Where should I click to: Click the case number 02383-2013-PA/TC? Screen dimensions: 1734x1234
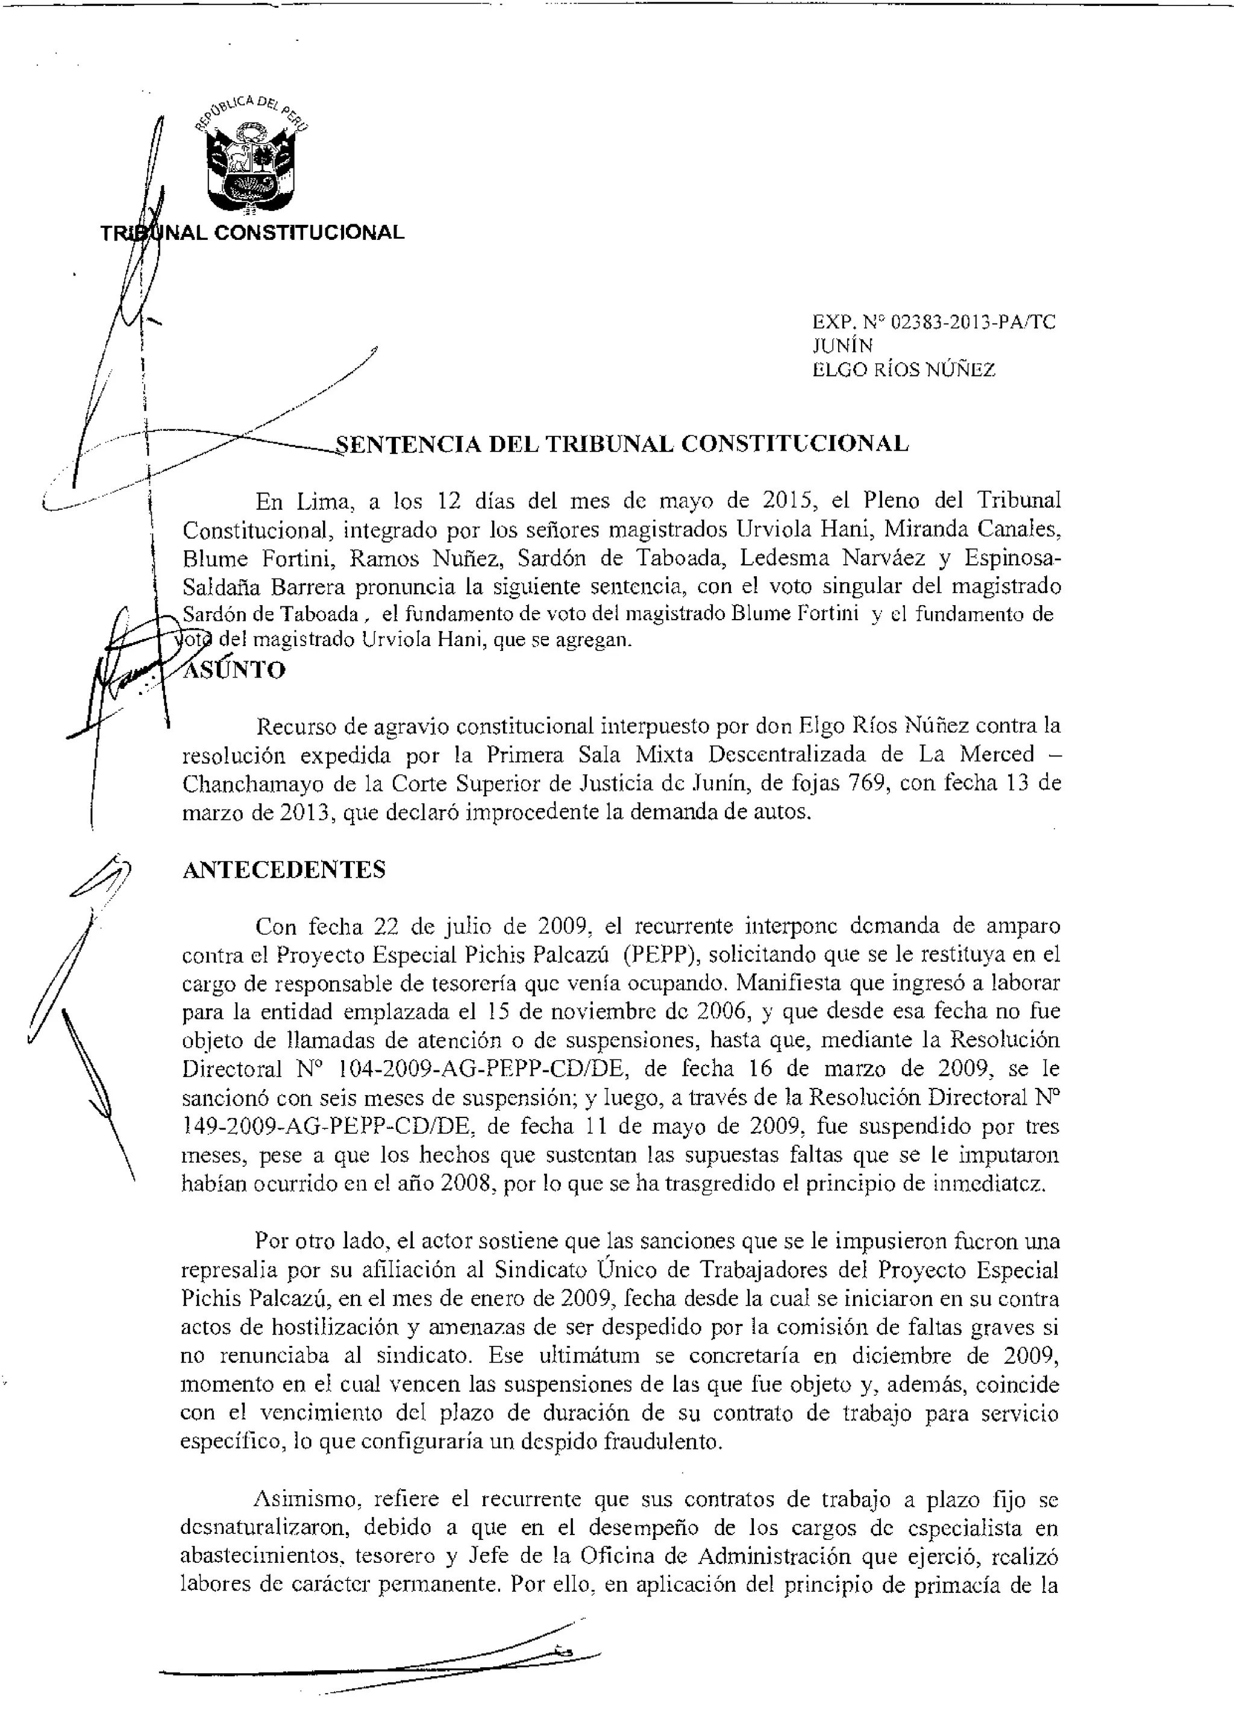click(x=972, y=322)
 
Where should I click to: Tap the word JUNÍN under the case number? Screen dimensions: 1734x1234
click(x=843, y=347)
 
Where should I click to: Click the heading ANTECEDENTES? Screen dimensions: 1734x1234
click(x=284, y=869)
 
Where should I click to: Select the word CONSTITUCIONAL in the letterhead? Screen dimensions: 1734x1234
click(x=309, y=233)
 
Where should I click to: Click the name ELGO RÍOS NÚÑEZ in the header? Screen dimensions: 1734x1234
click(x=903, y=370)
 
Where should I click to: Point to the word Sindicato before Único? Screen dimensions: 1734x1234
click(x=542, y=1270)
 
